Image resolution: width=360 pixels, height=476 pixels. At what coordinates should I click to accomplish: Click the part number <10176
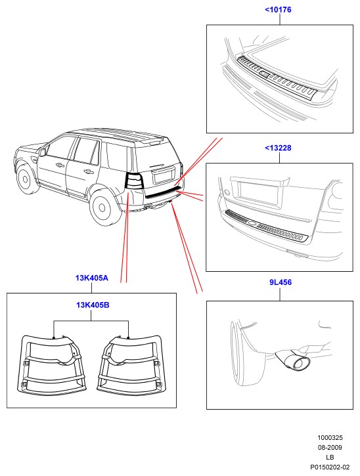coord(278,10)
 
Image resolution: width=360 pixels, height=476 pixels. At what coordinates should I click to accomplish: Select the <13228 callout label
coord(278,148)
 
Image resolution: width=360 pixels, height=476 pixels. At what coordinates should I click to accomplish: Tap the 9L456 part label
coord(281,282)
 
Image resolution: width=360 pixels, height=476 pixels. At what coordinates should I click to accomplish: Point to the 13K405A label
coord(92,278)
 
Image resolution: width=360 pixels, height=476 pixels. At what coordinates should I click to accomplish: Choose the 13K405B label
coord(93,305)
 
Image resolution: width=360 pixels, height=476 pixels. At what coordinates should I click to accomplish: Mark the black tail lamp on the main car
coord(134,181)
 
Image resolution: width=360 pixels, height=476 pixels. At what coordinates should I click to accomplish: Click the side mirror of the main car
coord(42,152)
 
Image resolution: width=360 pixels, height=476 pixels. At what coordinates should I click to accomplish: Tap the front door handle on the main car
coord(60,165)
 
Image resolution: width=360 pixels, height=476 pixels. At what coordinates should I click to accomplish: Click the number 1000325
coord(330,438)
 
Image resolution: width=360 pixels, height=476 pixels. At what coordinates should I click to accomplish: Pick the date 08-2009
coord(330,448)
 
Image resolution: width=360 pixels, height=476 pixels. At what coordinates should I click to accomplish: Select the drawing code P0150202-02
coord(330,467)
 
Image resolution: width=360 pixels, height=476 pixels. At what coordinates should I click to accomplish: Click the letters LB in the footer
coord(330,457)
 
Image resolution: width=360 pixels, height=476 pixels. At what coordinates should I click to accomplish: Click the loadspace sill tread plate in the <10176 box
coord(277,77)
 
